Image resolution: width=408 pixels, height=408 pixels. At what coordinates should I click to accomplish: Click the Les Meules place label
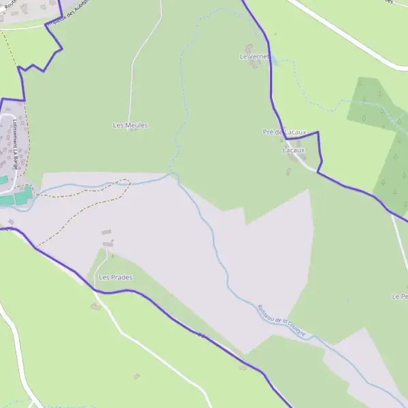130,125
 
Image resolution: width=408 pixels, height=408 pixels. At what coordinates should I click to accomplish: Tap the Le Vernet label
255,56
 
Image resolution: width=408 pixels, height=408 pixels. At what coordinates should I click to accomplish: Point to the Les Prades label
116,277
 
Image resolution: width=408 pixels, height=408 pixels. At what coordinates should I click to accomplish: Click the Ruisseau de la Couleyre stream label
281,320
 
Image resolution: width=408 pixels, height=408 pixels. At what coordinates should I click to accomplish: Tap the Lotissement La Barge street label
14,143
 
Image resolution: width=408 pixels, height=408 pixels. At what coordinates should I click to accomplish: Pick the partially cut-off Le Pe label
399,296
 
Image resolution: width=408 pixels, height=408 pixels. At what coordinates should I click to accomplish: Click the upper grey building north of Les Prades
106,233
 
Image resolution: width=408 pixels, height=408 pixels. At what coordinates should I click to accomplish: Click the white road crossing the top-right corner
347,34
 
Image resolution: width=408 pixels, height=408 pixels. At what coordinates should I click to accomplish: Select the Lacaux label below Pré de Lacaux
294,150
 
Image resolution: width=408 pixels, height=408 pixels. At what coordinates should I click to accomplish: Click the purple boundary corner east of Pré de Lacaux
318,133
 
